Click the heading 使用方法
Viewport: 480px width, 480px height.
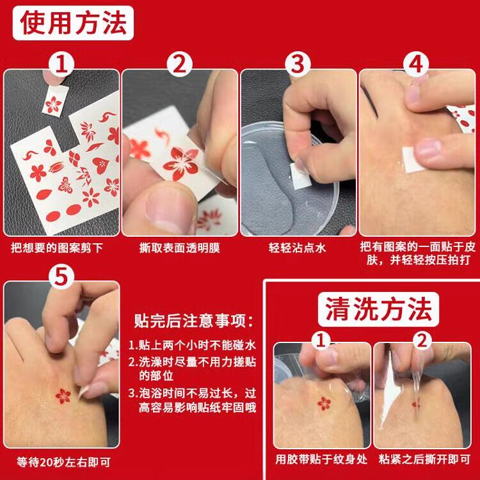pyautogui.click(x=73, y=23)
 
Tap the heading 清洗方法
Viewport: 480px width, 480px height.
pyautogui.click(x=378, y=309)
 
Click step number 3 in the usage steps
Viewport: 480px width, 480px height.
pyautogui.click(x=298, y=65)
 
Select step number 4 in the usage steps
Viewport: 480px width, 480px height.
pyautogui.click(x=416, y=65)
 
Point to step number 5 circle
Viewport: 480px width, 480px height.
pyautogui.click(x=61, y=277)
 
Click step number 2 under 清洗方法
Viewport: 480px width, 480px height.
pyautogui.click(x=422, y=340)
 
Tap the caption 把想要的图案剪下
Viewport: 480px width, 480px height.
pyautogui.click(x=56, y=248)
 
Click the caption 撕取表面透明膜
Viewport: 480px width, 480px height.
pyautogui.click(x=180, y=248)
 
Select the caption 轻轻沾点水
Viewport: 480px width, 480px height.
pyautogui.click(x=297, y=248)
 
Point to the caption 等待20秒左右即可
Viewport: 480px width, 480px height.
pyautogui.click(x=63, y=462)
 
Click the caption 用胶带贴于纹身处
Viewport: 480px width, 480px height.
pyautogui.click(x=321, y=459)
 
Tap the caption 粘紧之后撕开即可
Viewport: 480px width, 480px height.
pyautogui.click(x=424, y=459)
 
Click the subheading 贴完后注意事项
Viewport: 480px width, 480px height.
pyautogui.click(x=194, y=321)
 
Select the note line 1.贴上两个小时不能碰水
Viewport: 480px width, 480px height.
pyautogui.click(x=192, y=345)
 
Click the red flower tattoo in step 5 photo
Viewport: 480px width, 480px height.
pyautogui.click(x=63, y=396)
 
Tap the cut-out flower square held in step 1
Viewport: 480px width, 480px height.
pyautogui.click(x=55, y=100)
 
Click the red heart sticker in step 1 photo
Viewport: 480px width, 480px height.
pyautogui.click(x=100, y=165)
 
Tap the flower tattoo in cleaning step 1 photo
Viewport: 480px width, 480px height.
pyautogui.click(x=324, y=403)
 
